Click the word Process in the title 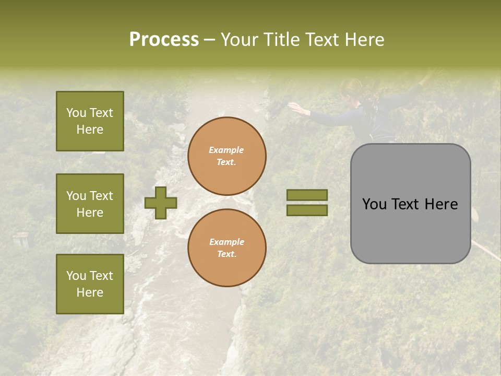point(164,40)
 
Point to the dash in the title point(209,40)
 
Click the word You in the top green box point(76,113)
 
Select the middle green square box point(90,204)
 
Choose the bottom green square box point(90,284)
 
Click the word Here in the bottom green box point(90,292)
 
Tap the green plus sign point(161,203)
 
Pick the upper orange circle point(227,156)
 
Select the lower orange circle point(227,248)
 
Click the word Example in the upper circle point(226,150)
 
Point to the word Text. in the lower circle point(226,254)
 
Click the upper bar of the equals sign point(307,195)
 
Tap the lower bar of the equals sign point(307,210)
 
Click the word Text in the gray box point(410,204)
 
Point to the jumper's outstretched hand point(296,108)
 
